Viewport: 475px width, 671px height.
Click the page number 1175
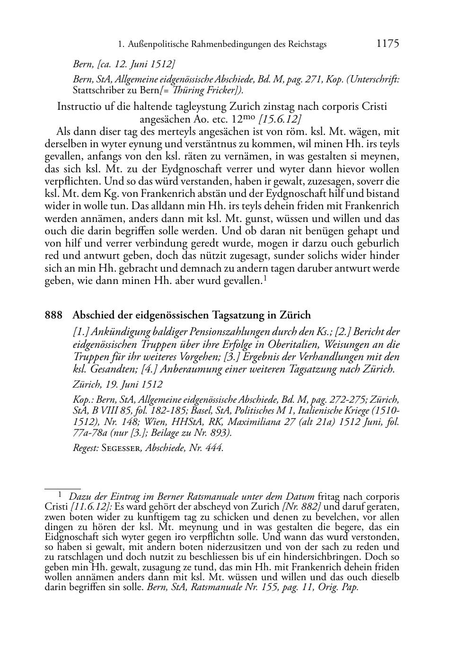point(387,44)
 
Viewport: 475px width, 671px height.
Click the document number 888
point(53,315)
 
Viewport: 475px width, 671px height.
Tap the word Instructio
point(78,106)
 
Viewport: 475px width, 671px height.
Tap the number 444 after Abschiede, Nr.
point(214,448)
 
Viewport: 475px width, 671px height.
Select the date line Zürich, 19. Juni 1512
point(118,385)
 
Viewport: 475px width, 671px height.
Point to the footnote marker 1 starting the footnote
point(60,494)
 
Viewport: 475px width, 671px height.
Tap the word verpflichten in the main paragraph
point(71,181)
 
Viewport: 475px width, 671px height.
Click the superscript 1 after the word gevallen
point(265,279)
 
